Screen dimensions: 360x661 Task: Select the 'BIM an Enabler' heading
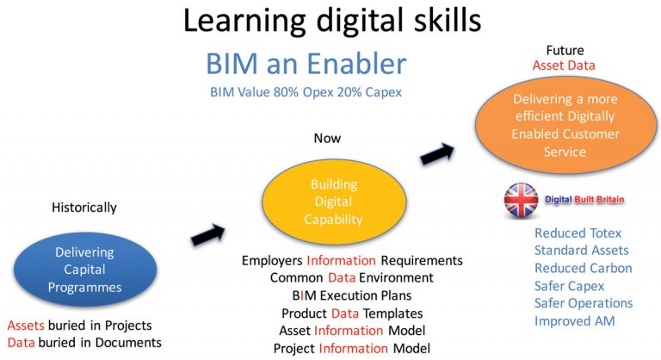pos(306,64)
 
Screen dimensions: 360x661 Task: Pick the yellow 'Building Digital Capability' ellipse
pos(333,202)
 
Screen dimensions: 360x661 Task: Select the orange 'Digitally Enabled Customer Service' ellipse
pos(565,126)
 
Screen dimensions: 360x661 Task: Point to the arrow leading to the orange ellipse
pos(437,155)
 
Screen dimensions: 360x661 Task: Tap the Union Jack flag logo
pos(521,200)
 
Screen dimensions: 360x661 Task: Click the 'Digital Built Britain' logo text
pos(584,200)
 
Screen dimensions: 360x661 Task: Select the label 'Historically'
pos(84,208)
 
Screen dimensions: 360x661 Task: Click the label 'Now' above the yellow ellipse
pos(327,138)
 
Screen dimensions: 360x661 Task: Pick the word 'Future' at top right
pos(565,50)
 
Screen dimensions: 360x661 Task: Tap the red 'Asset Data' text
pos(564,65)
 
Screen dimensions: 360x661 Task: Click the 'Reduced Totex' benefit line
pos(578,233)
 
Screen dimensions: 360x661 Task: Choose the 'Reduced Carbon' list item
pos(583,268)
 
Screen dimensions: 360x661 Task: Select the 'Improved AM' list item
pos(574,320)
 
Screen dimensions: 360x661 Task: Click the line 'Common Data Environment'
pos(351,277)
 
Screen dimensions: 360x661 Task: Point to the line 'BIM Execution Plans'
pos(351,295)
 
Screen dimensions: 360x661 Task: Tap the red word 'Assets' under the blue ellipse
pos(27,326)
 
